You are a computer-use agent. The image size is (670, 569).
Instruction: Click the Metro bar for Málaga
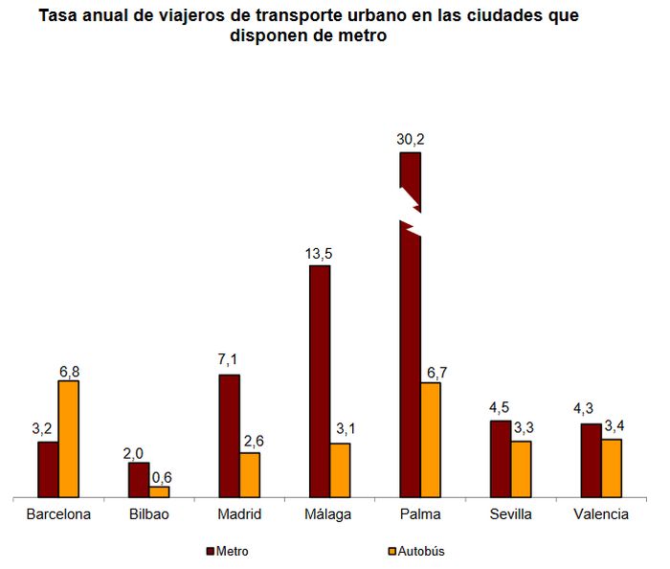tap(320, 381)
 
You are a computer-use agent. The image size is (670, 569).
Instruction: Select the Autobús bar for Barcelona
tap(69, 439)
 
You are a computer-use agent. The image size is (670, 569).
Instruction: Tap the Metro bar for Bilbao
tap(139, 480)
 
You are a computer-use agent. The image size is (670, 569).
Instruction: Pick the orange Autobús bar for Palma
tap(431, 440)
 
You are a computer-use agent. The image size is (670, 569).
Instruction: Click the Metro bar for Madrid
tap(229, 436)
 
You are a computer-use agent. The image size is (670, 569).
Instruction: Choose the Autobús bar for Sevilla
tap(521, 468)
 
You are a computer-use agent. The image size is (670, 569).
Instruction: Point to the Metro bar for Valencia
tap(591, 460)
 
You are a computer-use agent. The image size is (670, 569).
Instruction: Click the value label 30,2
tap(411, 140)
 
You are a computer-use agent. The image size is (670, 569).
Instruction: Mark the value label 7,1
tap(229, 360)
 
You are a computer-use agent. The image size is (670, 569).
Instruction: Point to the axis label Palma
tap(421, 514)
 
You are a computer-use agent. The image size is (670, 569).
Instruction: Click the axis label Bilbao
tap(149, 514)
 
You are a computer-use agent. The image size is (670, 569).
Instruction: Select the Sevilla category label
tap(510, 514)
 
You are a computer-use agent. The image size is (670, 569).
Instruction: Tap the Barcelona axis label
tap(58, 514)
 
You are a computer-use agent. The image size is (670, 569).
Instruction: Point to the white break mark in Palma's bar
tap(411, 214)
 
